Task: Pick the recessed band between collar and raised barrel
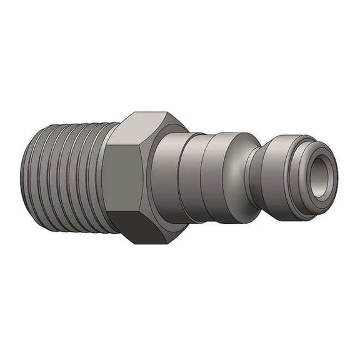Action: click(x=187, y=178)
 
